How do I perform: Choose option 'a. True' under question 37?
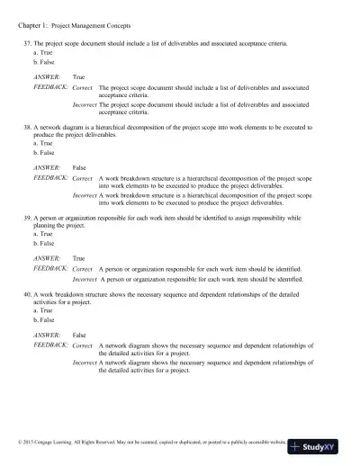coord(40,53)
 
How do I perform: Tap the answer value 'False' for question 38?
coord(79,168)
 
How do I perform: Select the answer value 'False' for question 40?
coord(79,335)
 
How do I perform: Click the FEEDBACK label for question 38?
coord(50,178)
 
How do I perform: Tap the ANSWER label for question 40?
coord(47,335)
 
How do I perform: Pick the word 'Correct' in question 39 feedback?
coord(82,268)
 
